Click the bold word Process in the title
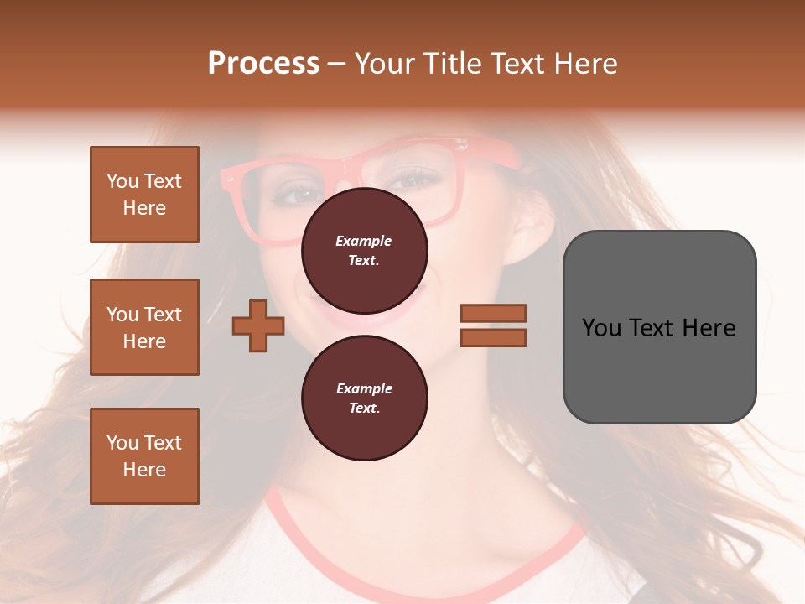[263, 64]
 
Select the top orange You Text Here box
[144, 195]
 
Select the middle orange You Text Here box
[144, 327]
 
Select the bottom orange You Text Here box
[144, 456]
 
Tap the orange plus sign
[258, 325]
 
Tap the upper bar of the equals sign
[493, 313]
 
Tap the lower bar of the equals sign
[493, 338]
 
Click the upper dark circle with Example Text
[365, 250]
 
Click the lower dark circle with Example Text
[365, 398]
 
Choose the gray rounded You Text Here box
[659, 326]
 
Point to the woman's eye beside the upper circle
[413, 179]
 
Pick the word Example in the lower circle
[365, 388]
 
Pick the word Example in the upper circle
[364, 241]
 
